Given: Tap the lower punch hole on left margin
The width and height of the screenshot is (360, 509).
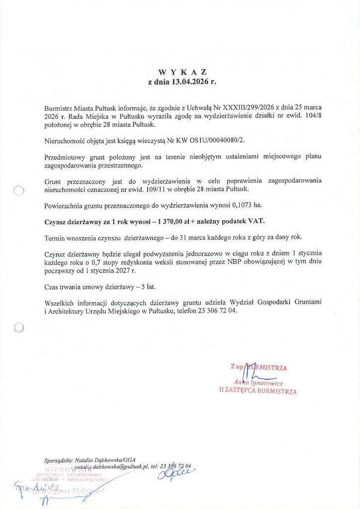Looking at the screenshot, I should coord(19,327).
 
